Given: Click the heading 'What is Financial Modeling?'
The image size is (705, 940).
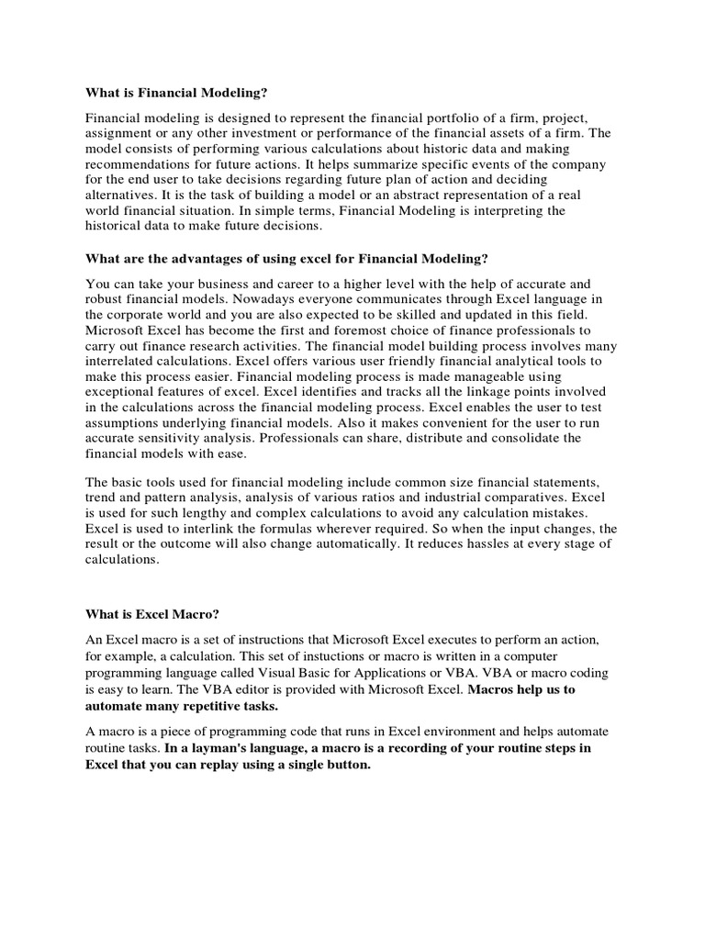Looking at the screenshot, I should click(179, 92).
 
